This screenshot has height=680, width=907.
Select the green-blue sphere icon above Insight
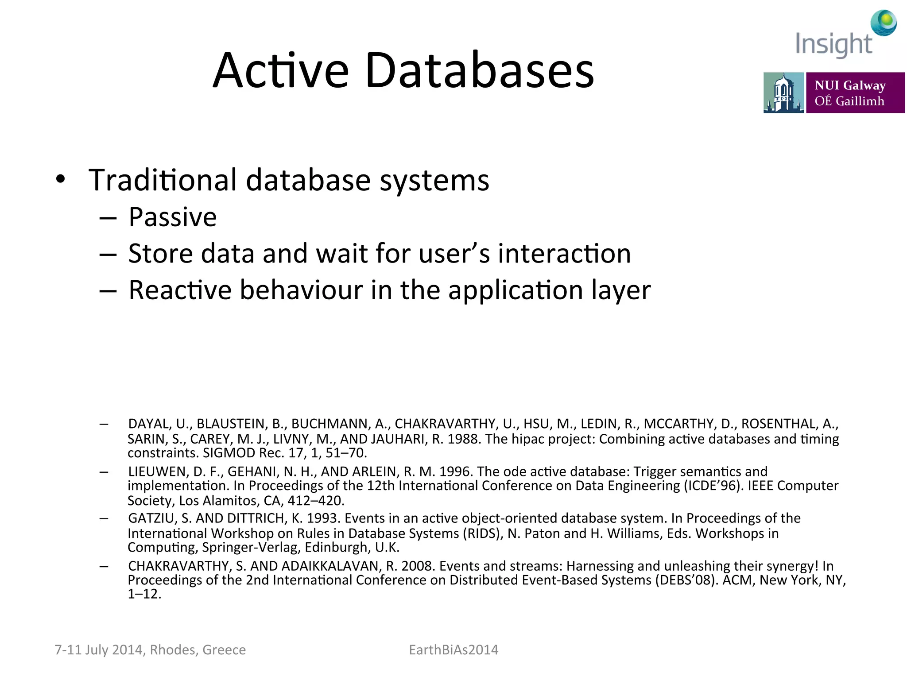pyautogui.click(x=884, y=23)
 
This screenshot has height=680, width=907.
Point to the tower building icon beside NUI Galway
pyautogui.click(x=783, y=93)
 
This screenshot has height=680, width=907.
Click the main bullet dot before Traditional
pyautogui.click(x=61, y=179)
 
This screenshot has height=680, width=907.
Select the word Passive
pyautogui.click(x=173, y=217)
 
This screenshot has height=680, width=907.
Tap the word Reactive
pyautogui.click(x=180, y=290)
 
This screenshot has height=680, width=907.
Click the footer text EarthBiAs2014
pyautogui.click(x=453, y=649)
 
